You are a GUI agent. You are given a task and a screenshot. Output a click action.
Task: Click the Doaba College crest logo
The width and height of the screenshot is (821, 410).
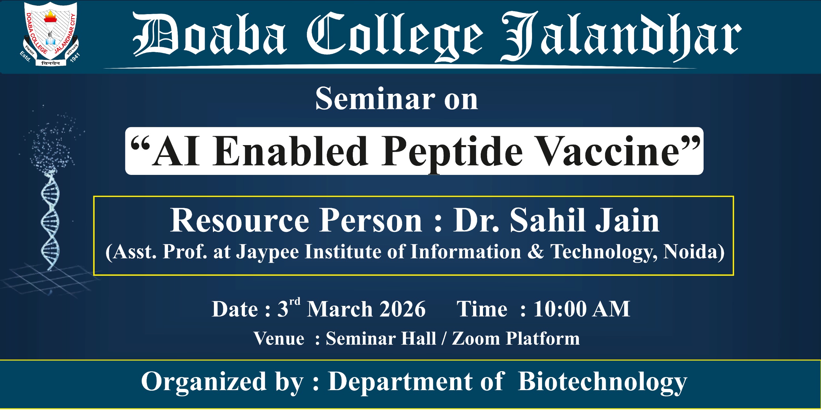(50, 34)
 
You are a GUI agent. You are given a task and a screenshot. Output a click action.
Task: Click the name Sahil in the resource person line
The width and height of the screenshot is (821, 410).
(549, 220)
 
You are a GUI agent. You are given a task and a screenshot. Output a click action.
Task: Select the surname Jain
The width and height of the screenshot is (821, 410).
(627, 220)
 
